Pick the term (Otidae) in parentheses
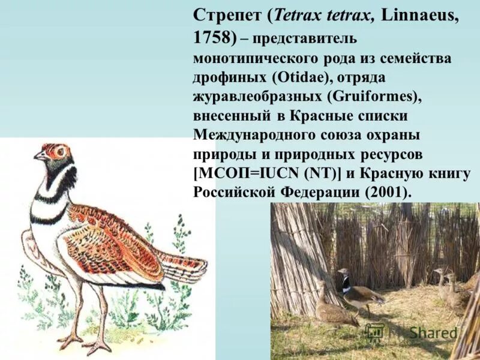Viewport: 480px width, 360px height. tap(299, 78)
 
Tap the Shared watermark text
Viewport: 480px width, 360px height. tap(433, 332)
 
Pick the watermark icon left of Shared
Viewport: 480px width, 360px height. tap(375, 332)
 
